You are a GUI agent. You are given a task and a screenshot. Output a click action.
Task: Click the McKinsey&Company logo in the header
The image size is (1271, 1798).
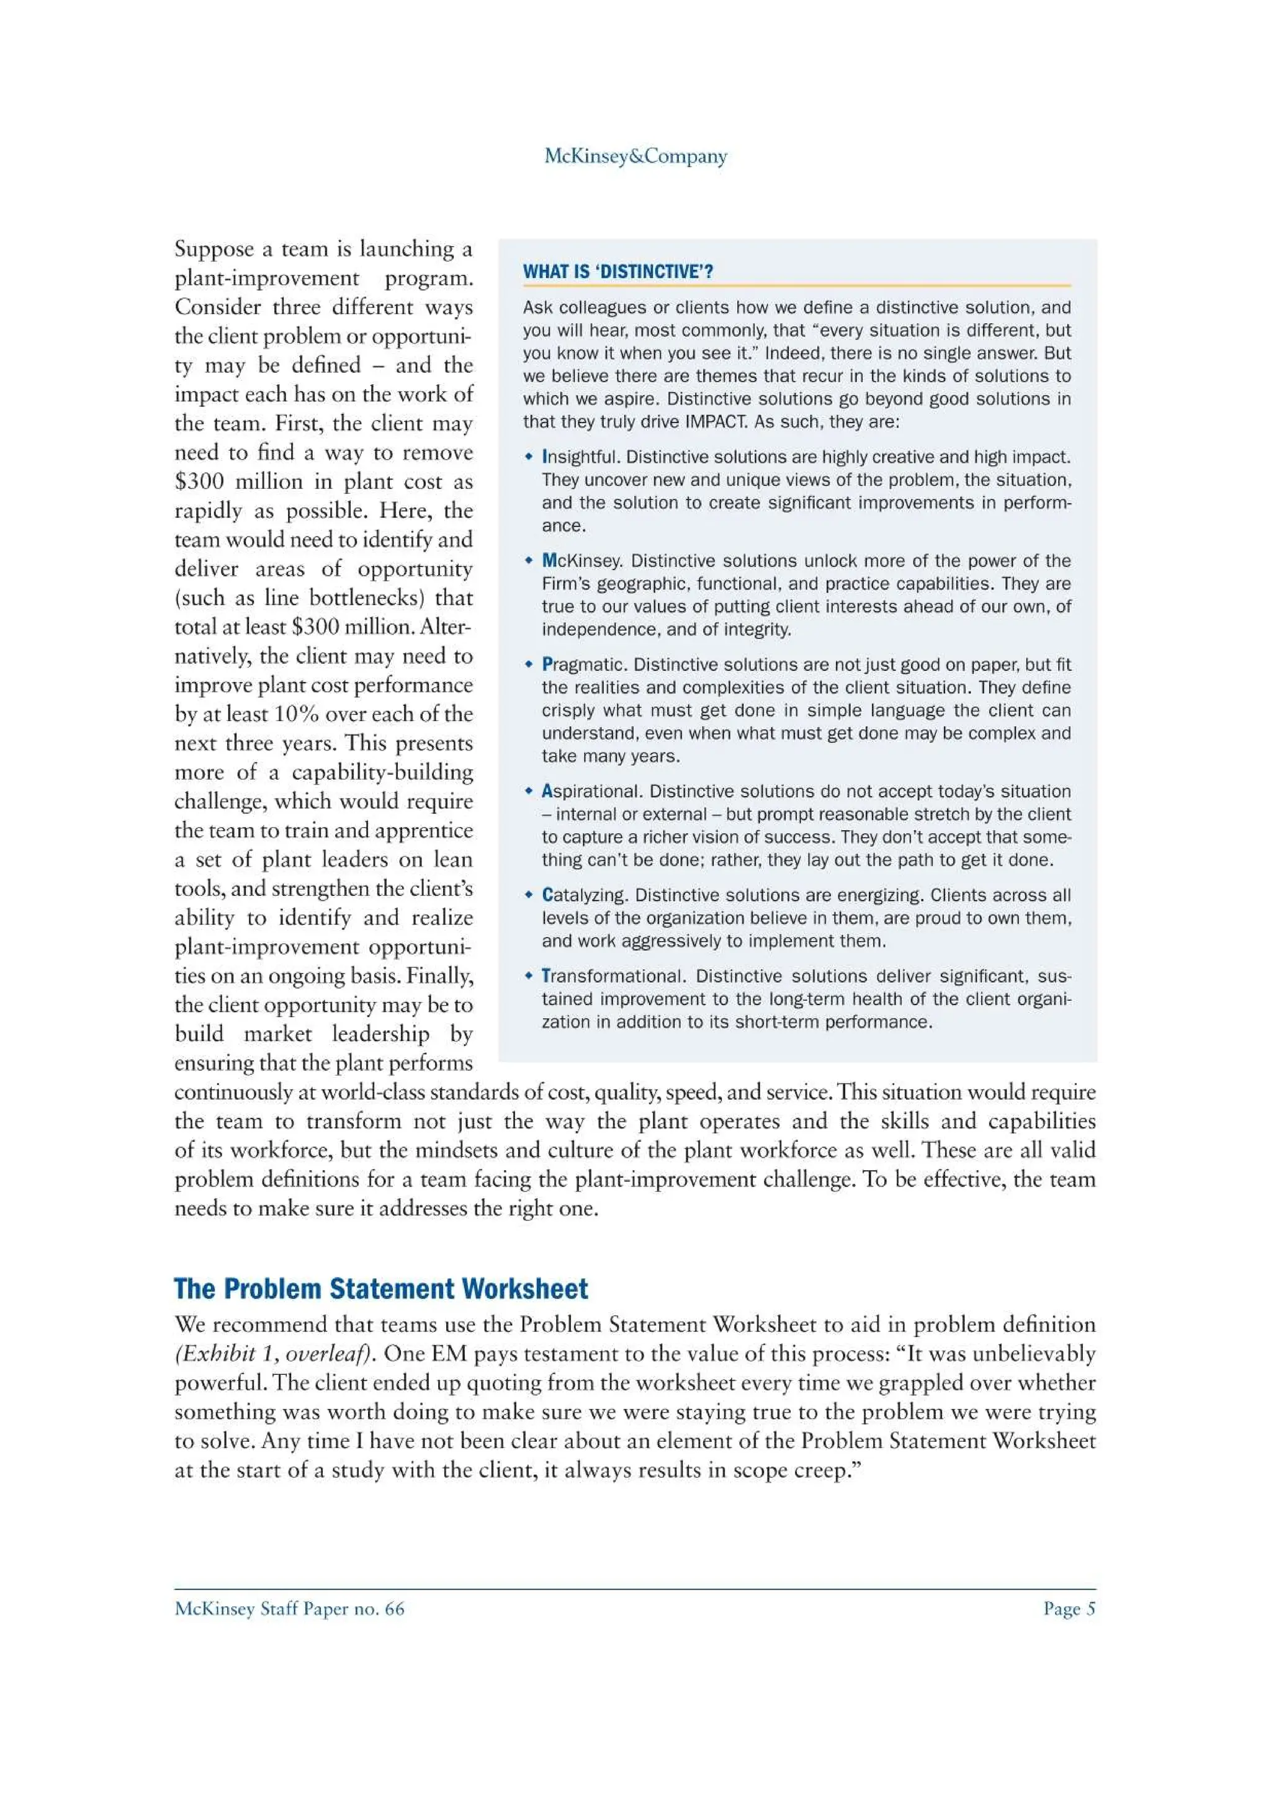tap(635, 156)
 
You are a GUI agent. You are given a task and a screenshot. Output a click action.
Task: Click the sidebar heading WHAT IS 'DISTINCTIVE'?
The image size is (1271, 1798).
tap(618, 272)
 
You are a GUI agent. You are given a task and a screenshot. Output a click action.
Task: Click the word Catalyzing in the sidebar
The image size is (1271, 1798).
tap(583, 895)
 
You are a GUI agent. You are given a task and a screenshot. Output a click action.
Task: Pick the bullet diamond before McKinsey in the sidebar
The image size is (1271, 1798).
tap(529, 561)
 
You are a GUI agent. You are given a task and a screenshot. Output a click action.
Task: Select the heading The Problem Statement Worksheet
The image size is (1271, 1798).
tap(380, 1290)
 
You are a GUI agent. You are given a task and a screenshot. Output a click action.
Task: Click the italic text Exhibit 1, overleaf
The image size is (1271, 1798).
tap(274, 1354)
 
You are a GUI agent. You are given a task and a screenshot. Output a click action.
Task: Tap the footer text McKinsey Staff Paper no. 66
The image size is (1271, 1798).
tap(289, 1609)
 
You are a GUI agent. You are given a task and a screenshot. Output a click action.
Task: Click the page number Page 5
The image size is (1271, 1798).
tap(1069, 1609)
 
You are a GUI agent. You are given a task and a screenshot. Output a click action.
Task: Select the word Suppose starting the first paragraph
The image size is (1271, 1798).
tap(213, 249)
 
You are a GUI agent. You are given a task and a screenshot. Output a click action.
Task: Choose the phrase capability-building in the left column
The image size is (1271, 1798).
tap(382, 773)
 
